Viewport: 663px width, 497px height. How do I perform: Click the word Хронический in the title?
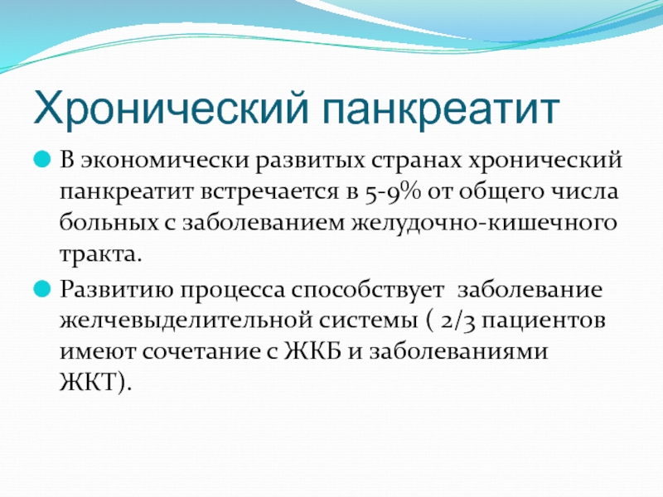point(171,109)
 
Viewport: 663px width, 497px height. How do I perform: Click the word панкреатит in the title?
point(441,109)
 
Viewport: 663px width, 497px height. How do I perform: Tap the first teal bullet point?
point(42,160)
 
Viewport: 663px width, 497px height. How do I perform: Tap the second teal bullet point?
point(42,289)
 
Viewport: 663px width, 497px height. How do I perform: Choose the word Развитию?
point(117,291)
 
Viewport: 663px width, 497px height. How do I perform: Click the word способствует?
point(367,291)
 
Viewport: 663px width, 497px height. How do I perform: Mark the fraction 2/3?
point(457,321)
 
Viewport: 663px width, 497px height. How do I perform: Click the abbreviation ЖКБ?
point(312,351)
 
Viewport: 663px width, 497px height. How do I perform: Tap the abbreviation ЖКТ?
point(88,382)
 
